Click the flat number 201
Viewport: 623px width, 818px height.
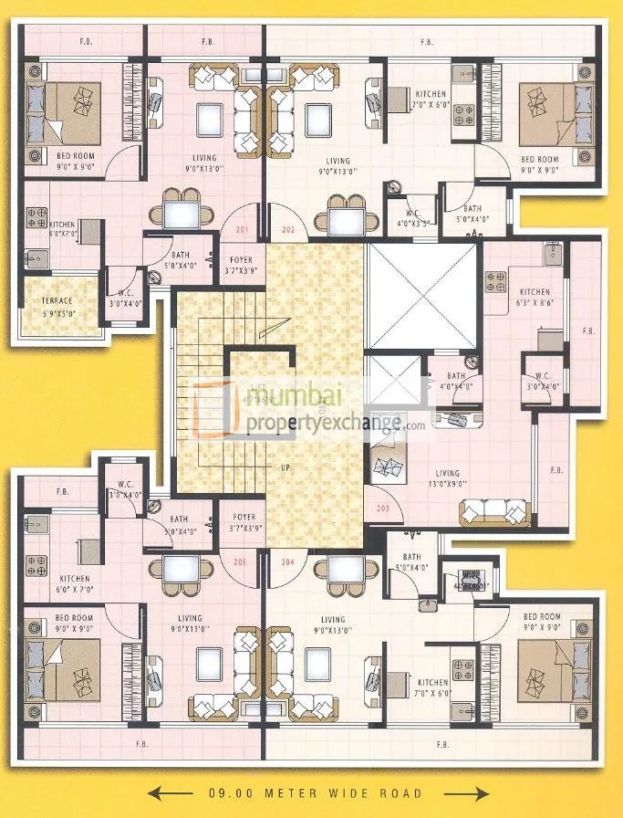pos(242,230)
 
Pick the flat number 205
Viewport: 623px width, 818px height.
pos(241,561)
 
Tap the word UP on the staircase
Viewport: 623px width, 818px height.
pos(286,467)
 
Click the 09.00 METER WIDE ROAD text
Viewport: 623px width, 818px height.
pos(314,792)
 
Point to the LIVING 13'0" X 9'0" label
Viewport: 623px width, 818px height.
pos(447,478)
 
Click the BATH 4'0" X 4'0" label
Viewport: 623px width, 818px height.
pos(455,381)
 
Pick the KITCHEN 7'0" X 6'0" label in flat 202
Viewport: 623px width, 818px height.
pos(431,100)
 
